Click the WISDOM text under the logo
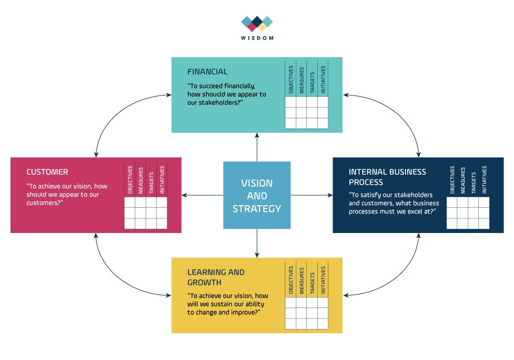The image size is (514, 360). pos(257,38)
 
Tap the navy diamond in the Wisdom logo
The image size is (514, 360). pos(257,22)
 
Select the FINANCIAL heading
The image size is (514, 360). pos(207,71)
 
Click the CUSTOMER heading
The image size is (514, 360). pos(47,172)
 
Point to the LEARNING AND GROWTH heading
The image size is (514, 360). pos(216,277)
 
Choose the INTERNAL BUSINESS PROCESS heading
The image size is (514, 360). pos(387,177)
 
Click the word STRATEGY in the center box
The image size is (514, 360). pos(256,208)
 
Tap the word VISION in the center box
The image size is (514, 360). pos(256,183)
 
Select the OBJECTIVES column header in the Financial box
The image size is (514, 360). pos(291,79)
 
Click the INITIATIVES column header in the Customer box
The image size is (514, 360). pos(162,179)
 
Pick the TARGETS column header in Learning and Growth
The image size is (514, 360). pos(312,283)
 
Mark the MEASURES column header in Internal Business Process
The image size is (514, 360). pos(463,181)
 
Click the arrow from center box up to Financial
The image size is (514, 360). pos(256,147)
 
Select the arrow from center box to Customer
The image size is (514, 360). pos(202,195)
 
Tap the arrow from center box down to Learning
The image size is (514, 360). pos(256,243)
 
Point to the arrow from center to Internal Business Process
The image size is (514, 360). pos(312,195)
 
